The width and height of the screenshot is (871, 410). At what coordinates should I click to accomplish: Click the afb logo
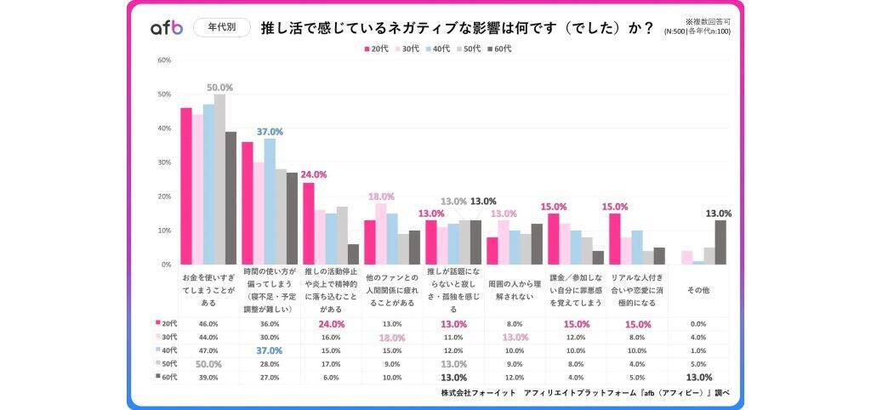click(x=167, y=27)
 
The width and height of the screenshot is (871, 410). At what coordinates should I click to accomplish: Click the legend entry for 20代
click(x=376, y=48)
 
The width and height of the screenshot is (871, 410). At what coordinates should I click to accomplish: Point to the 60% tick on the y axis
click(x=165, y=60)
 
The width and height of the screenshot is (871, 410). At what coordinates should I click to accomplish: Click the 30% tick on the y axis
click(x=165, y=162)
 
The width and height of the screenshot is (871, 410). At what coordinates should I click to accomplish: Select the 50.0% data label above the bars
click(x=220, y=87)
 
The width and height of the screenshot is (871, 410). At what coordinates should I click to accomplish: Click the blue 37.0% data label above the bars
click(x=270, y=132)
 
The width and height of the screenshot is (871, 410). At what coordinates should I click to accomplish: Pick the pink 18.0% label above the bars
click(x=380, y=196)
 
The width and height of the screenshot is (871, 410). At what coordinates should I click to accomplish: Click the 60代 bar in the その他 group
click(x=721, y=242)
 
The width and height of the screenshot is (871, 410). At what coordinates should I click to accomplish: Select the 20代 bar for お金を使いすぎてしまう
click(x=185, y=186)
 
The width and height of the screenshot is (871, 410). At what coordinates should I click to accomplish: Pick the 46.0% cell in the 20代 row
click(x=208, y=324)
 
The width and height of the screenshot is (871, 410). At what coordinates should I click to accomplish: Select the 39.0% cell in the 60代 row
click(x=208, y=378)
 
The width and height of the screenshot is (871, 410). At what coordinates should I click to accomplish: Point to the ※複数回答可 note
click(x=708, y=20)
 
